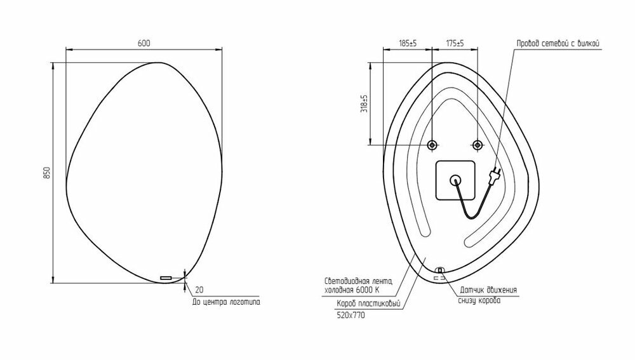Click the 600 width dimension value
coord(144,43)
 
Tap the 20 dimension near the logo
coord(199,290)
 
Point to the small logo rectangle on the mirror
coord(166,278)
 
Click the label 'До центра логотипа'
coord(226,302)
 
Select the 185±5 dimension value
coord(408,43)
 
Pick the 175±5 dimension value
coord(455,43)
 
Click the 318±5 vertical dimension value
coord(364,103)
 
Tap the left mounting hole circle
coord(432,145)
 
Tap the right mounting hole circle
coord(478,145)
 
